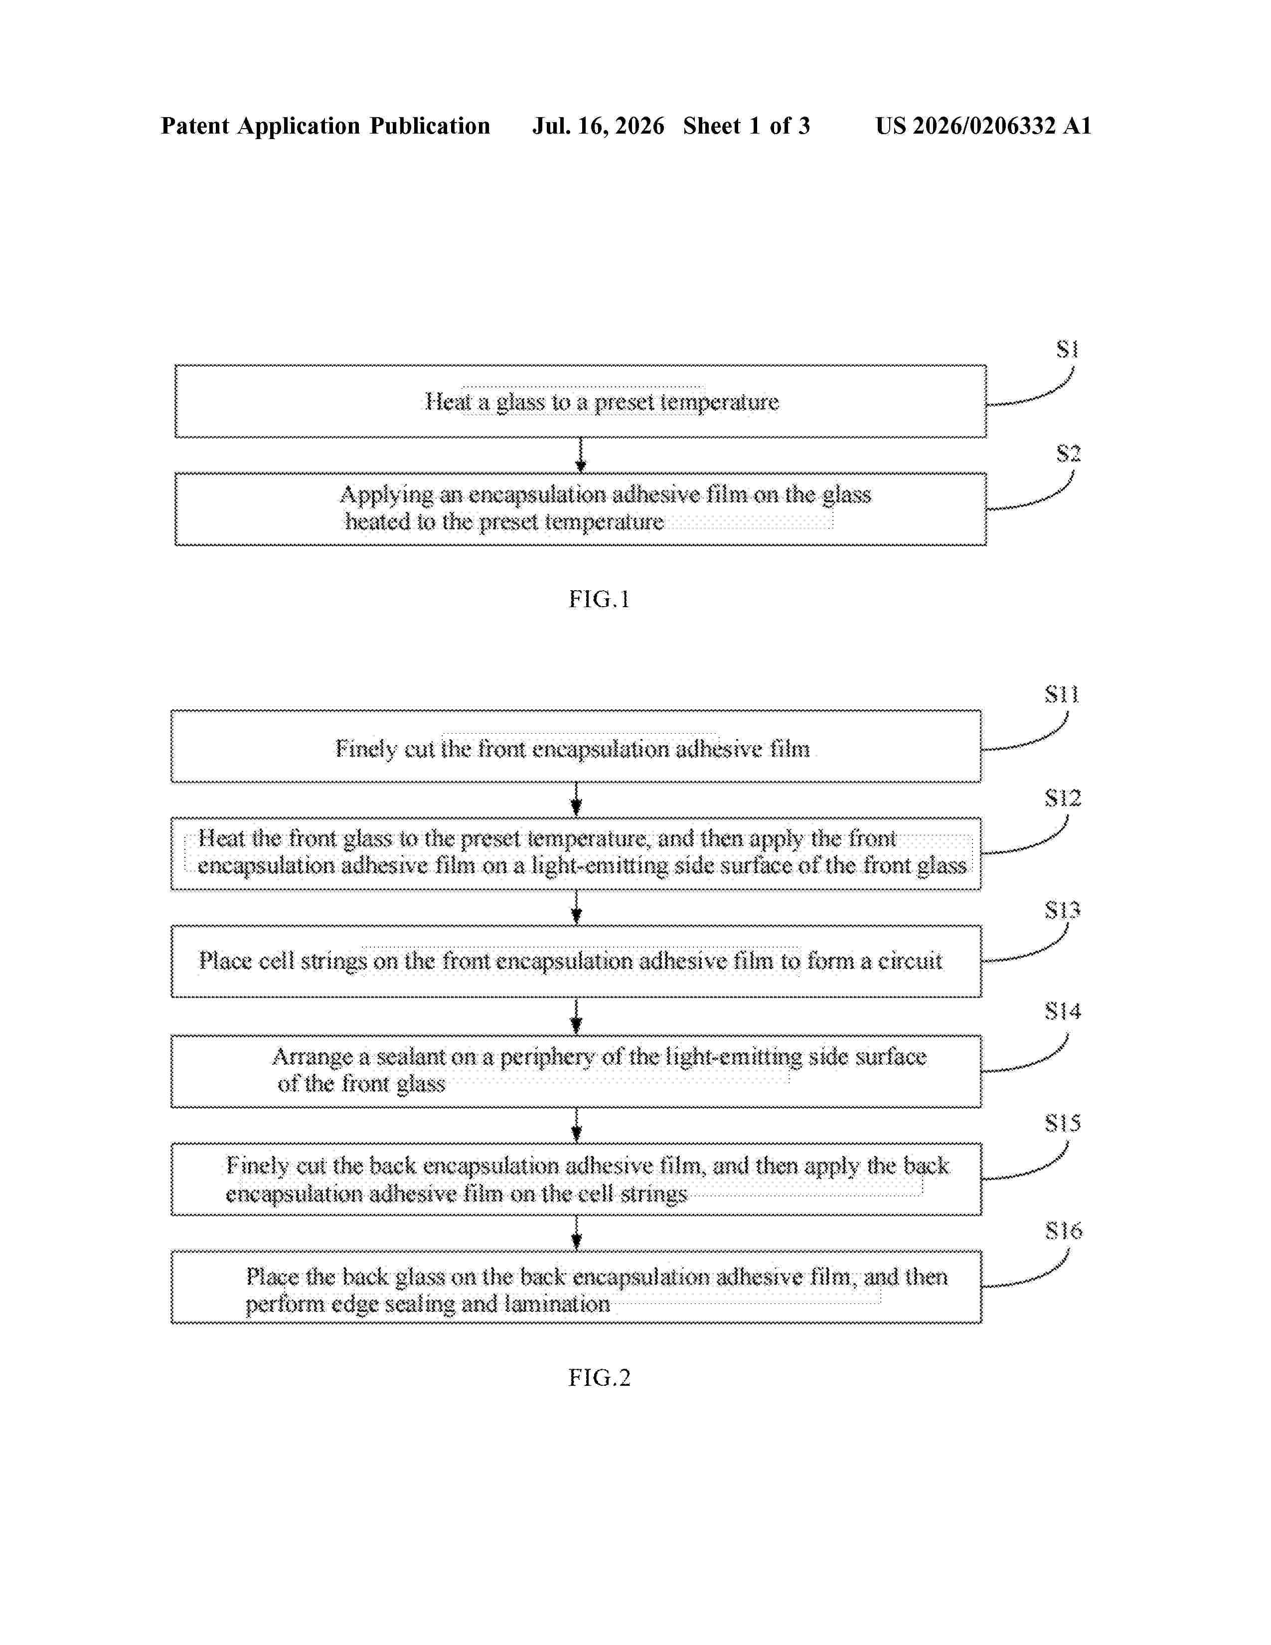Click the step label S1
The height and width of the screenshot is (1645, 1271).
coord(1068,349)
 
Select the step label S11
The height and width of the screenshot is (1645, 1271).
coord(1062,694)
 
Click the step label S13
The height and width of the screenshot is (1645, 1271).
coord(1063,911)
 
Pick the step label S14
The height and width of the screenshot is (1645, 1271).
coord(1063,1011)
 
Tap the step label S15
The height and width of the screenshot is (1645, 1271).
coord(1063,1123)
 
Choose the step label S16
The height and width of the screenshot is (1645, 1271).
coord(1063,1231)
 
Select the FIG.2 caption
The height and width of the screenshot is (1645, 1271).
coord(599,1378)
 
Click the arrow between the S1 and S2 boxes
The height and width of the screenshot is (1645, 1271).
coord(581,455)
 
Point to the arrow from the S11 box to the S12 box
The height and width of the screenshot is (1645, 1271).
coord(577,799)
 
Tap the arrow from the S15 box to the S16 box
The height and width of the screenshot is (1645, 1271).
coord(577,1232)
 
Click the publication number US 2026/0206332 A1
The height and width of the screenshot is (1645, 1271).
coord(983,126)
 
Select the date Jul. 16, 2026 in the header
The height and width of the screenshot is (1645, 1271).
coord(599,126)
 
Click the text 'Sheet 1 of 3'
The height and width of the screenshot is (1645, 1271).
coord(746,126)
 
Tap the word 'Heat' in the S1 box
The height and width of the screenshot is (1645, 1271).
coord(449,401)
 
